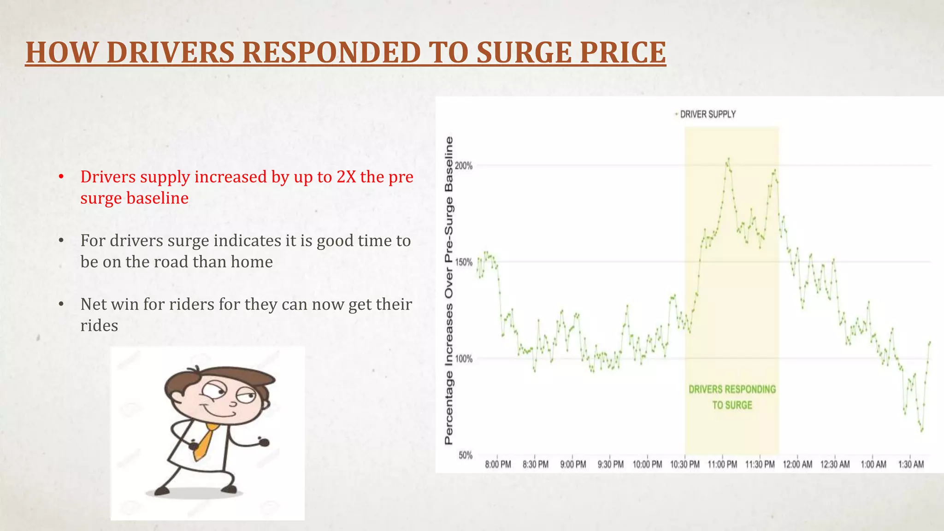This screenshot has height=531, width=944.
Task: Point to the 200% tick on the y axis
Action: pos(464,166)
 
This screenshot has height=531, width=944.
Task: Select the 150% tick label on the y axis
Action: pos(464,262)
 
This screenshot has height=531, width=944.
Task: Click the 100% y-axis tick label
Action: pos(464,359)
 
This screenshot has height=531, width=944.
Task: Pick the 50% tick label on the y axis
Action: pos(465,455)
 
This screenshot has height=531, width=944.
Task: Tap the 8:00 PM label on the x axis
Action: pos(498,465)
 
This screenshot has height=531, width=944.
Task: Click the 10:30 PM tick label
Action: pos(684,465)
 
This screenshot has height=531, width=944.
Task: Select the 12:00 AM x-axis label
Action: pos(797,465)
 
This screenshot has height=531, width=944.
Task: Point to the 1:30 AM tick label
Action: pos(911,465)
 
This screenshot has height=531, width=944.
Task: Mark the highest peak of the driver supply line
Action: pos(728,159)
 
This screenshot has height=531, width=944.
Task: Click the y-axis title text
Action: pos(448,290)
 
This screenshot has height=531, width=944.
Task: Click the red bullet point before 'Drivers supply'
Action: pos(61,177)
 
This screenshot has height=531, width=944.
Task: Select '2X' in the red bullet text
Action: pos(346,177)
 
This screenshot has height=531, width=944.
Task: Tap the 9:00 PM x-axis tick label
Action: pos(573,465)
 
